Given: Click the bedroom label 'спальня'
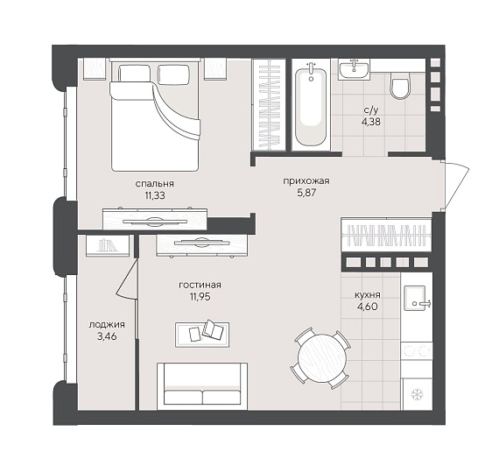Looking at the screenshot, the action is [155, 184].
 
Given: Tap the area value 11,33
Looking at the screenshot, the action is [155, 195].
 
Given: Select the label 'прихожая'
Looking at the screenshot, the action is [306, 181].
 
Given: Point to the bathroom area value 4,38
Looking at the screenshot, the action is [371, 122].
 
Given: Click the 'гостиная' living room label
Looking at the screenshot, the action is [200, 285].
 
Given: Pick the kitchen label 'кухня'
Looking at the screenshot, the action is [368, 295].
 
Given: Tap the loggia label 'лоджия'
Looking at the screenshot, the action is [107, 325].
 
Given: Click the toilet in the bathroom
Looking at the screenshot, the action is [400, 85].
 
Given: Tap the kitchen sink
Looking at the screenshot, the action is [416, 298].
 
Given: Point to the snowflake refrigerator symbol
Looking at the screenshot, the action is [416, 395].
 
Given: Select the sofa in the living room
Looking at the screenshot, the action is [202, 386].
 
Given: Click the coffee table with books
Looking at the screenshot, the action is [202, 335].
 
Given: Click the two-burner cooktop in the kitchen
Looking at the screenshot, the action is [416, 351].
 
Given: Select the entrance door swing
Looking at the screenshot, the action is [457, 185].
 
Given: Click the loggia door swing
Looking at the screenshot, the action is [127, 279].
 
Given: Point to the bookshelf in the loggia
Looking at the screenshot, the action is [108, 245].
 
